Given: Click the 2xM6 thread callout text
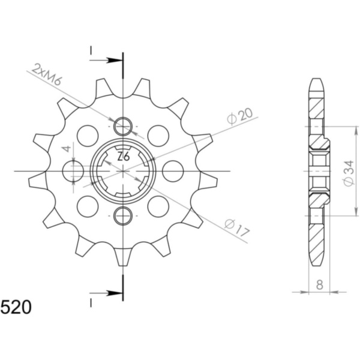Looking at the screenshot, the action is pyautogui.click(x=46, y=75).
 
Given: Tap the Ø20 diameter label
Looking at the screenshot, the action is pyautogui.click(x=239, y=116).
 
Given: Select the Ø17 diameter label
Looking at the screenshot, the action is pyautogui.click(x=237, y=228).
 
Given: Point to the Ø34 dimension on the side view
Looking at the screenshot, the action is pyautogui.click(x=348, y=173).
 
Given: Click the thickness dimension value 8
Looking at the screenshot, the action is pyautogui.click(x=319, y=285).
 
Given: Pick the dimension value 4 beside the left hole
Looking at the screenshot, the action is pyautogui.click(x=67, y=149).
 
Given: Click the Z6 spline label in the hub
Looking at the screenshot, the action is pyautogui.click(x=124, y=157).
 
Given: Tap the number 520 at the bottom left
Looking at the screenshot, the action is pyautogui.click(x=16, y=307).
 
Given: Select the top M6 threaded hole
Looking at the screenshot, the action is pyautogui.click(x=123, y=127).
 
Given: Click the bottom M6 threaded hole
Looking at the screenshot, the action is pyautogui.click(x=123, y=216).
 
